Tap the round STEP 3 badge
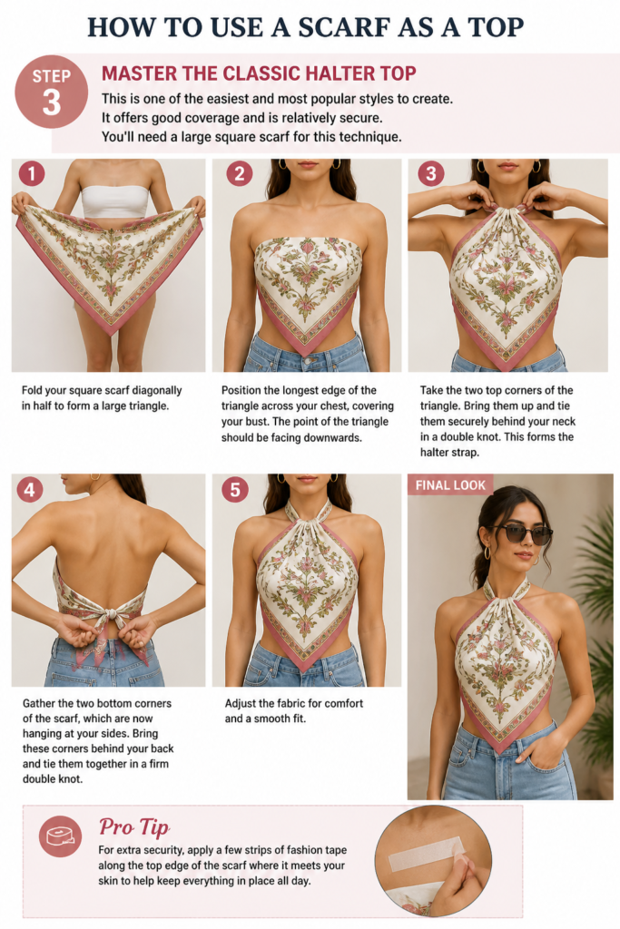tap(51, 92)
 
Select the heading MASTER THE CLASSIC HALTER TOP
tap(259, 73)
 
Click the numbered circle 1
tap(32, 173)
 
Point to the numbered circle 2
tap(240, 173)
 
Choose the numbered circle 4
tap(30, 489)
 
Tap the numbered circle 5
tap(235, 489)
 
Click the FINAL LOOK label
tap(450, 485)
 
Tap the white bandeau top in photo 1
tap(113, 201)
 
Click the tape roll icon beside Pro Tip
tap(60, 836)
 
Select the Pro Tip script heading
tap(134, 826)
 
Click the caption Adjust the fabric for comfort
tap(293, 703)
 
